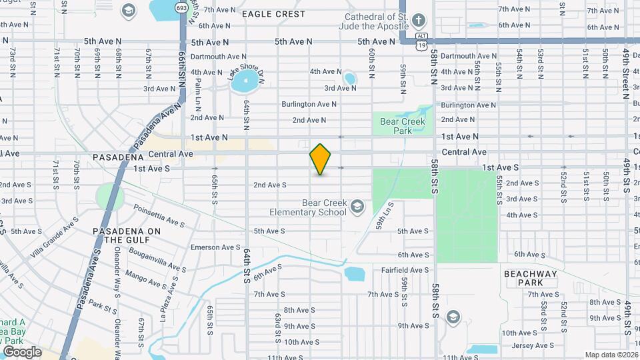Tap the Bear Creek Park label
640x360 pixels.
click(402, 126)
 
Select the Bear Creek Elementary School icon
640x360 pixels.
click(358, 207)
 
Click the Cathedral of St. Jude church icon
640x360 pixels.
click(419, 19)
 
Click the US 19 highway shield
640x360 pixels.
click(419, 45)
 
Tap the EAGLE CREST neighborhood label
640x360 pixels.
click(273, 13)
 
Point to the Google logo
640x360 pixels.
click(22, 351)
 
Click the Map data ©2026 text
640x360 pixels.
click(611, 355)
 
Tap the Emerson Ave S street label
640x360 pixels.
click(215, 247)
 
